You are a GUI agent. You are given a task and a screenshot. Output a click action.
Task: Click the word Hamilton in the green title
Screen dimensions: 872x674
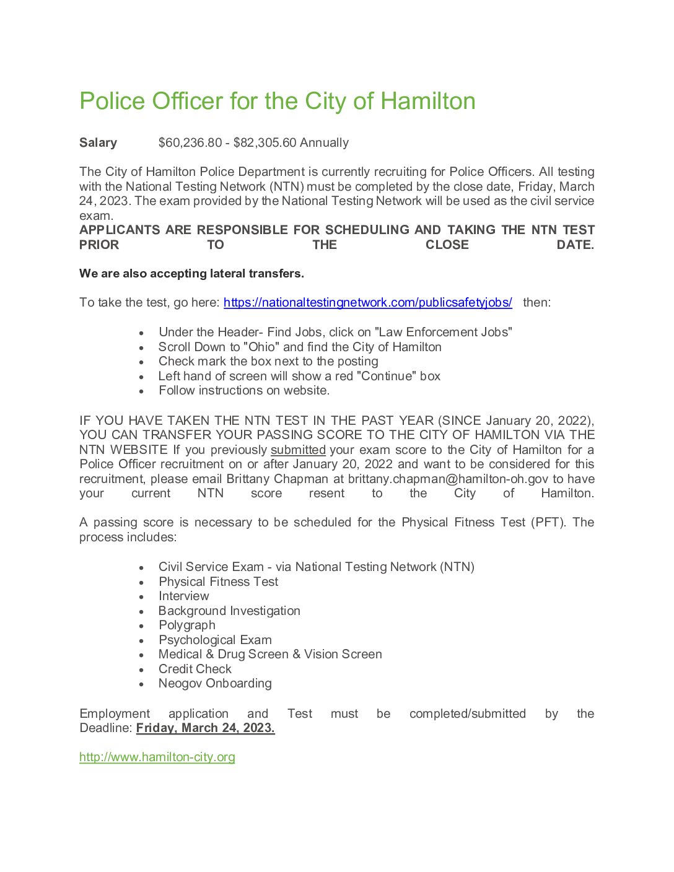[x=427, y=102]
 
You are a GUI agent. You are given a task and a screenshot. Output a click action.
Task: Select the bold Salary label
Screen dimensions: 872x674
[x=98, y=143]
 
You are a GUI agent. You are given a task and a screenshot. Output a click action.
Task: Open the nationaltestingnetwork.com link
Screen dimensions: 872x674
[x=367, y=303]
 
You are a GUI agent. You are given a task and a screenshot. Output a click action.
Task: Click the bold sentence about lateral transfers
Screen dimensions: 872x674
[x=191, y=274]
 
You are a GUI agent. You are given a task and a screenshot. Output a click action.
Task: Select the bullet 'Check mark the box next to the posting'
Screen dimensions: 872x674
[x=268, y=362]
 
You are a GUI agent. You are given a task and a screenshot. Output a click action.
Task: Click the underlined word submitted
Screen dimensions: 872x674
[x=298, y=450]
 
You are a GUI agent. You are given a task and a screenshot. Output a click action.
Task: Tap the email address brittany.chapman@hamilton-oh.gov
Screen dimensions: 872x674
[x=448, y=479]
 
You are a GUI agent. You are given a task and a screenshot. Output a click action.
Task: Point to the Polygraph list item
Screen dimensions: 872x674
[x=187, y=626]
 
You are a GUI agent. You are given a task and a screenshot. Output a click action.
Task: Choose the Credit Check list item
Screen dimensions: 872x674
[x=195, y=669]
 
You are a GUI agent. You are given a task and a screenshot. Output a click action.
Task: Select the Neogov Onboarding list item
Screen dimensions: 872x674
[x=215, y=684]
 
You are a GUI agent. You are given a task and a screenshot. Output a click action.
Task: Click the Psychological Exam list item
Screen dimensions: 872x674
[x=215, y=640]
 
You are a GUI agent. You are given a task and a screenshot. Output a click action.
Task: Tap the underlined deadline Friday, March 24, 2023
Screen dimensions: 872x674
[x=205, y=728]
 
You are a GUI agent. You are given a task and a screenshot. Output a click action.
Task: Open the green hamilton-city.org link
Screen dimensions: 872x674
[x=157, y=757]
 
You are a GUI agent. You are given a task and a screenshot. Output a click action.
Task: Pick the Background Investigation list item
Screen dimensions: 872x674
[x=229, y=611]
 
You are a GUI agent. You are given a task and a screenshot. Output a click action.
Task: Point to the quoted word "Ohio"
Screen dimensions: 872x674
[x=261, y=347]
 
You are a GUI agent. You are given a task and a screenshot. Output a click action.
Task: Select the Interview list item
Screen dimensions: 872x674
[x=183, y=596]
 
